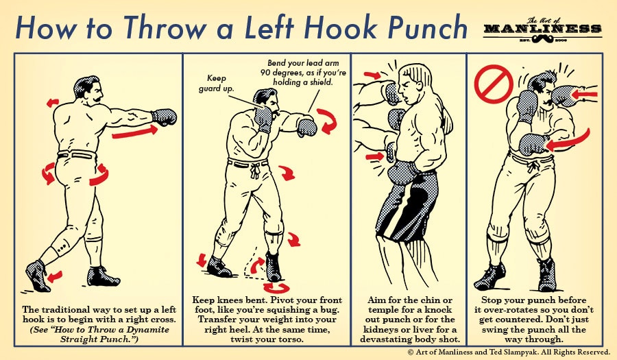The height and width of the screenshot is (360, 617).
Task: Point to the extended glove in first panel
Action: coord(165,116)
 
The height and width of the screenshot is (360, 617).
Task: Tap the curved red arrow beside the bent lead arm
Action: coord(328,123)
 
